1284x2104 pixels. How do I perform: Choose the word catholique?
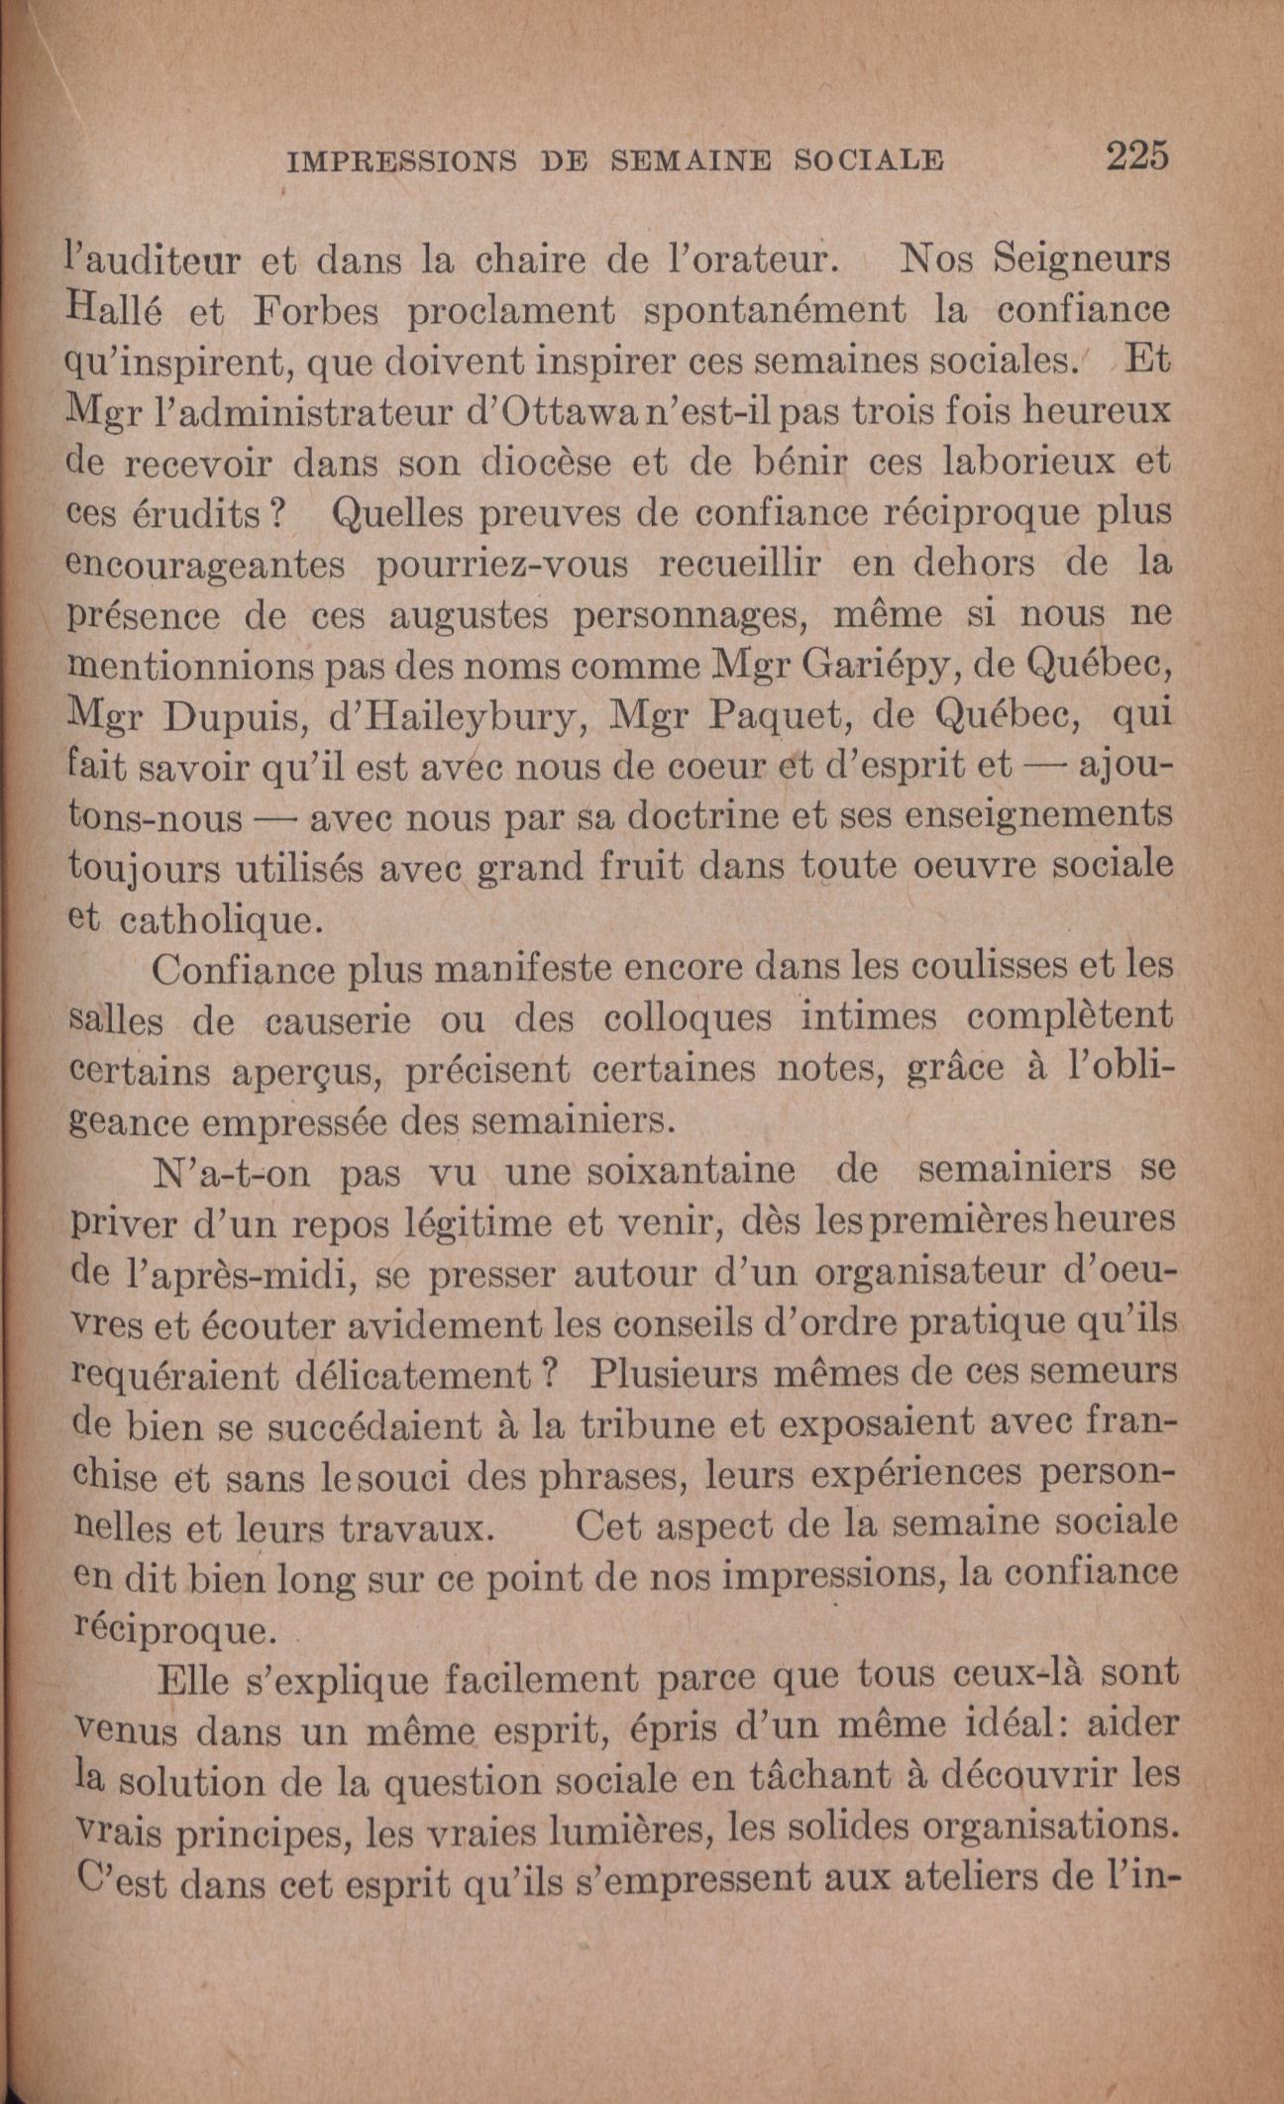217,920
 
